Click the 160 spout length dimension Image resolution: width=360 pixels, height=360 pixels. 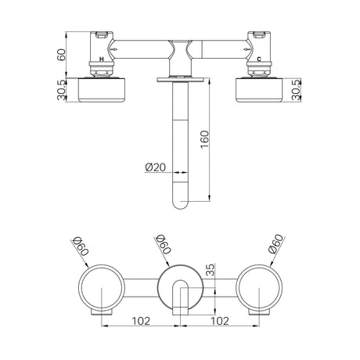click(x=205, y=139)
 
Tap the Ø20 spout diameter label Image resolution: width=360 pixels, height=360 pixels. click(x=156, y=167)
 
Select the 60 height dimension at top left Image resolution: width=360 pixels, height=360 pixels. click(x=62, y=55)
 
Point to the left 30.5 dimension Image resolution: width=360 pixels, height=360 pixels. click(x=61, y=90)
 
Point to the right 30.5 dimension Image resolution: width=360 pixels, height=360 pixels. click(x=297, y=90)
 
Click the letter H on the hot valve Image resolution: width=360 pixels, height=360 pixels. click(x=102, y=59)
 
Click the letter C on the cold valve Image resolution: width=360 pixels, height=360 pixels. click(x=259, y=59)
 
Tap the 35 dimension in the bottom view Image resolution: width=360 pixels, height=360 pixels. click(x=210, y=270)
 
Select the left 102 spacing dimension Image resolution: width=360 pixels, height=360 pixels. click(x=141, y=321)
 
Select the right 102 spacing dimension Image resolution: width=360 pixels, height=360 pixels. click(x=220, y=321)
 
